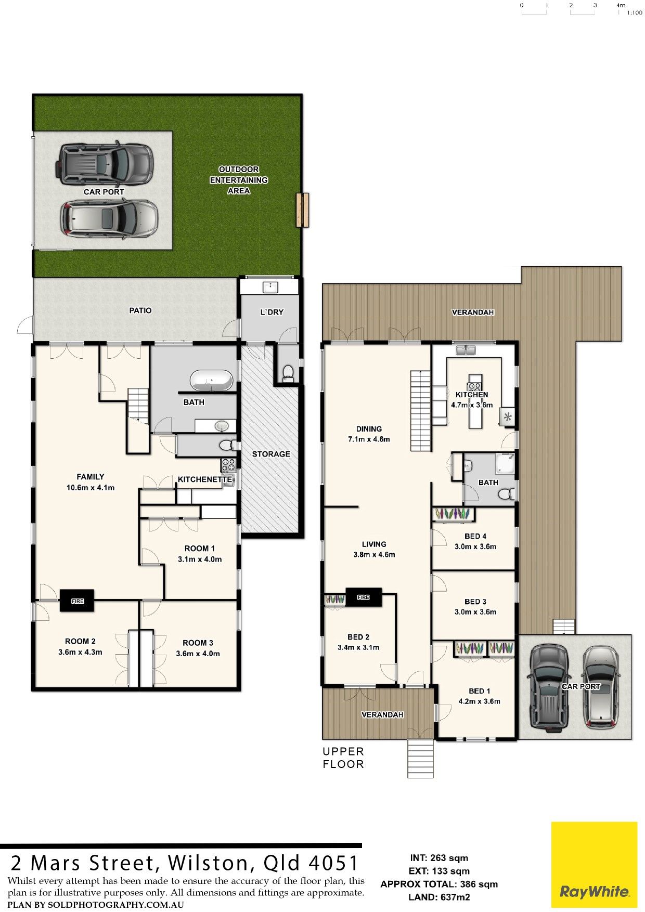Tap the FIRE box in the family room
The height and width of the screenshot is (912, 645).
[x=77, y=601]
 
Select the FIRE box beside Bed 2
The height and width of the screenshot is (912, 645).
[x=364, y=597]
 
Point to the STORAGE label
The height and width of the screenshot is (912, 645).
[x=271, y=454]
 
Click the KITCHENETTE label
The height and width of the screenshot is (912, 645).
[x=205, y=479]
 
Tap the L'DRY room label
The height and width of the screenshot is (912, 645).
[x=272, y=312]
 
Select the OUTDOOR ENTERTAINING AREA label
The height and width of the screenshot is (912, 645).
[x=239, y=180]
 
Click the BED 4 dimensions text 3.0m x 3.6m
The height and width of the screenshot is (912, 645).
[x=475, y=546]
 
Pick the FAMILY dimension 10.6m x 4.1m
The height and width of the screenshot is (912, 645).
[x=91, y=488]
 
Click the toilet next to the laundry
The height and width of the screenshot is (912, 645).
[x=287, y=372]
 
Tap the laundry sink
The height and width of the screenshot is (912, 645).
[x=270, y=286]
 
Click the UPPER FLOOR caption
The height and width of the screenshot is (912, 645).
[x=343, y=758]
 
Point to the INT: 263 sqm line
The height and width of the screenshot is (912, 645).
[x=439, y=858]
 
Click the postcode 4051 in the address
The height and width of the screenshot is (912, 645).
[x=334, y=863]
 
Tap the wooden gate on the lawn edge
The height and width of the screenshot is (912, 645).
[x=302, y=210]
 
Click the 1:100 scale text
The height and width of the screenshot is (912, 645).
[x=635, y=12]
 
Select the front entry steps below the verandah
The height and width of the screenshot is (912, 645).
[x=420, y=759]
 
